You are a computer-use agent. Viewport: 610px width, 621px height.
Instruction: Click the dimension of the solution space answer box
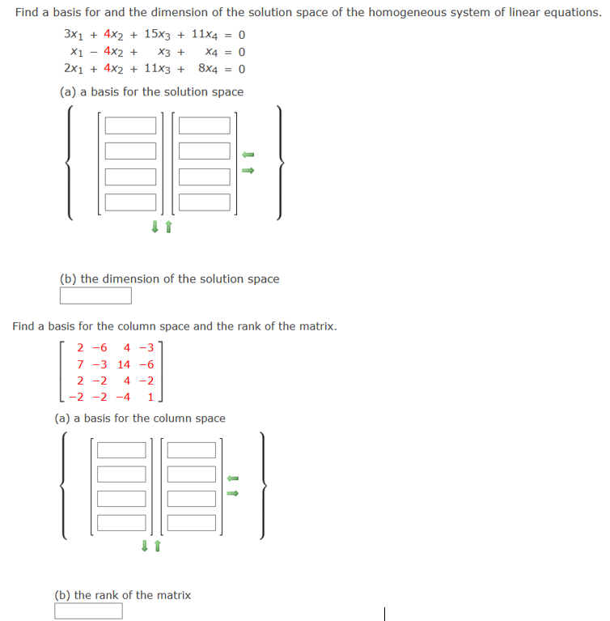[95, 296]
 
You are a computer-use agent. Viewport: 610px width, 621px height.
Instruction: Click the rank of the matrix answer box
[89, 610]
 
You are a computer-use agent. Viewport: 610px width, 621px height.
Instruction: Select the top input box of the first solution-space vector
[130, 126]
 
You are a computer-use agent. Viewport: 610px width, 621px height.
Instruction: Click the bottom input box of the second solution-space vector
[205, 202]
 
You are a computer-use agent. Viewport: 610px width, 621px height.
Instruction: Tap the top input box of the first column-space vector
[121, 449]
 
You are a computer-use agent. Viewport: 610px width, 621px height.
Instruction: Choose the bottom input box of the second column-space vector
[192, 522]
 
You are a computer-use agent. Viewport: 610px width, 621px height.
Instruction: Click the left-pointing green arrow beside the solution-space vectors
[249, 154]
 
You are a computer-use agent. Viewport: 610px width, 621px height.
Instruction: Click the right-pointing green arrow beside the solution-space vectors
[249, 170]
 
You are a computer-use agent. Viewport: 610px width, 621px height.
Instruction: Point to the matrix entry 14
[125, 365]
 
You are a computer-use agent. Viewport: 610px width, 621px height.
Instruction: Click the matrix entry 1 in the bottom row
[151, 397]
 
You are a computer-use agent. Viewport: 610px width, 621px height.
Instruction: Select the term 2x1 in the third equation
[75, 69]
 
